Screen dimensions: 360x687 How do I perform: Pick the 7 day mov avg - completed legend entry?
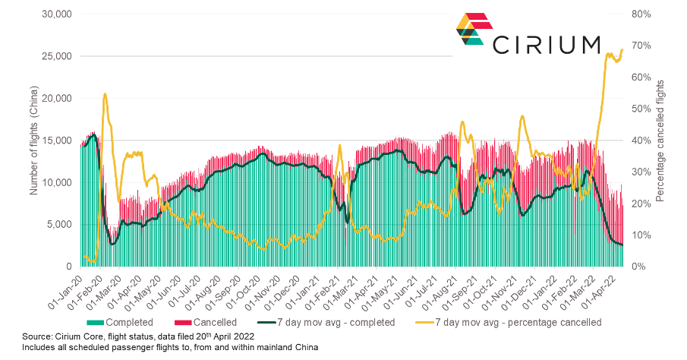point(328,322)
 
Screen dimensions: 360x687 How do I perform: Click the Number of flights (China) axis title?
point(34,141)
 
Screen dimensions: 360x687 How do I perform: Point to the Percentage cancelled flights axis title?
point(660,141)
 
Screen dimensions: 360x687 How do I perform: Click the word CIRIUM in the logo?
point(547,45)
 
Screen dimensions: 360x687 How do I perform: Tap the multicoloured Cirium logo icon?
point(471,28)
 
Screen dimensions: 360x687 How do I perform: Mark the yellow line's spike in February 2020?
point(105,94)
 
